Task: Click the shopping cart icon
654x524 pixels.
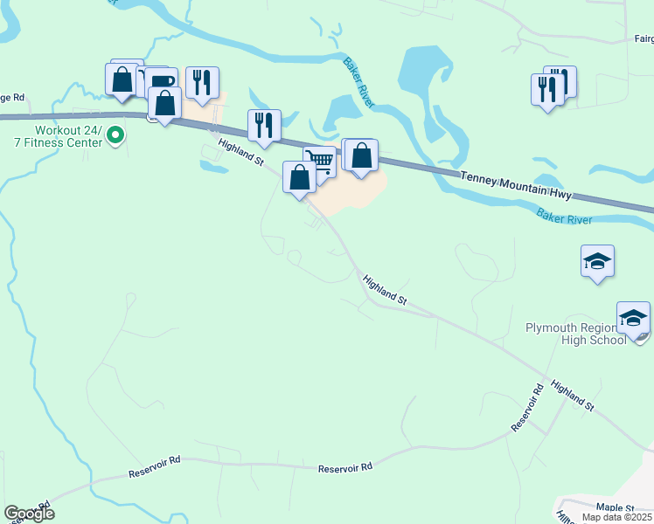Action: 321,162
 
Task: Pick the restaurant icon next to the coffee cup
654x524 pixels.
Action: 202,82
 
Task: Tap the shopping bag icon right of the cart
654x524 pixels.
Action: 361,155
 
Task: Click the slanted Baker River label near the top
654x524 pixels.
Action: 358,83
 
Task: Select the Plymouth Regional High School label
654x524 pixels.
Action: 575,334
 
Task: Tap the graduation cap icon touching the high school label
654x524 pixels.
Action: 633,318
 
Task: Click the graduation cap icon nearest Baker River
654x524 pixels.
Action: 597,260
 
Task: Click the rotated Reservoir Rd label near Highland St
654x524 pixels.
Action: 527,406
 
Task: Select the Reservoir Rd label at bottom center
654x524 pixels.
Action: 345,467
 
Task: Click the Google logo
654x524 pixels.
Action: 29,513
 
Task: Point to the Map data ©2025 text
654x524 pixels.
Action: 617,518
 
